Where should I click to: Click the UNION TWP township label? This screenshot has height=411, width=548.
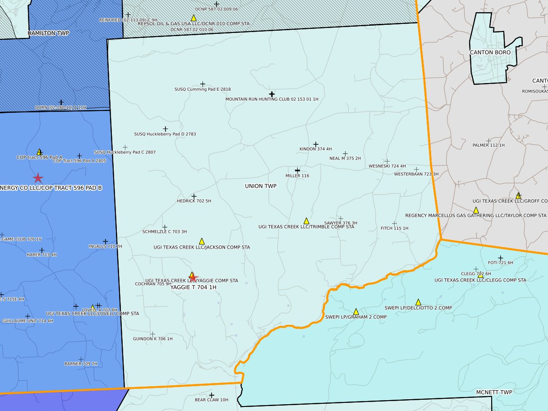pos(260,186)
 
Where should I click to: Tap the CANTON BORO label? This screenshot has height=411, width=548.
pos(490,52)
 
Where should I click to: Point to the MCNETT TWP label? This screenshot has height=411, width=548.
pos(494,392)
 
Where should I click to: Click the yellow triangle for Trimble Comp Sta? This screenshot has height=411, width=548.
pos(306,221)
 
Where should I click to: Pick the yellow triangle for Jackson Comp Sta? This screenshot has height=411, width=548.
pos(202,241)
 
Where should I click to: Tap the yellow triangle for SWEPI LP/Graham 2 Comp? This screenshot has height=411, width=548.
pos(356,311)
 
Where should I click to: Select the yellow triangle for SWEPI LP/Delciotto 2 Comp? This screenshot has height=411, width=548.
pos(418,302)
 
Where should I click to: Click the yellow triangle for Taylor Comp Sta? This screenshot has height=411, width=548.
pos(475,210)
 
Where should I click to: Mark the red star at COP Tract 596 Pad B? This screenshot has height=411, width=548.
pos(38,178)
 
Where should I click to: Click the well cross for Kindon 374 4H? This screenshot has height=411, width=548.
pos(316,144)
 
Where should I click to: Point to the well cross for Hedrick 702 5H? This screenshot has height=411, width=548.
pos(194,197)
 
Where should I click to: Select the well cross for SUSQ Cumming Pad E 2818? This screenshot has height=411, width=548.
pos(203,84)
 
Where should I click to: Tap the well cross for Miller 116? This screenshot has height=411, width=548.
pos(297,170)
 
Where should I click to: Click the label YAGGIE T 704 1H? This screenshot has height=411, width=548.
pos(193,287)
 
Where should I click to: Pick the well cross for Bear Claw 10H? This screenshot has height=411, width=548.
pos(212,395)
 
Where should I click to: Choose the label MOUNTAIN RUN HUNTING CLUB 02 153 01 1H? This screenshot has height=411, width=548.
pos(272,99)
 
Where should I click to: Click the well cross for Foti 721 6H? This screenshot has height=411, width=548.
pos(500,258)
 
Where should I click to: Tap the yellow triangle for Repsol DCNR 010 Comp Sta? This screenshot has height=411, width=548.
pos(193,18)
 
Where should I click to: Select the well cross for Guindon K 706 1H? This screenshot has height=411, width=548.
pos(152,334)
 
